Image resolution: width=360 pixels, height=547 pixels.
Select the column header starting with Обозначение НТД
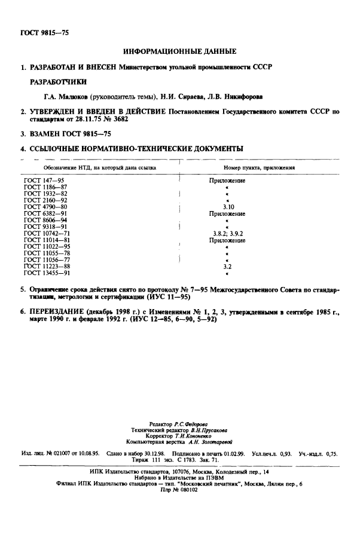point(90,169)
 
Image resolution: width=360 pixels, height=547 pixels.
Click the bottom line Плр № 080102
point(179,488)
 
